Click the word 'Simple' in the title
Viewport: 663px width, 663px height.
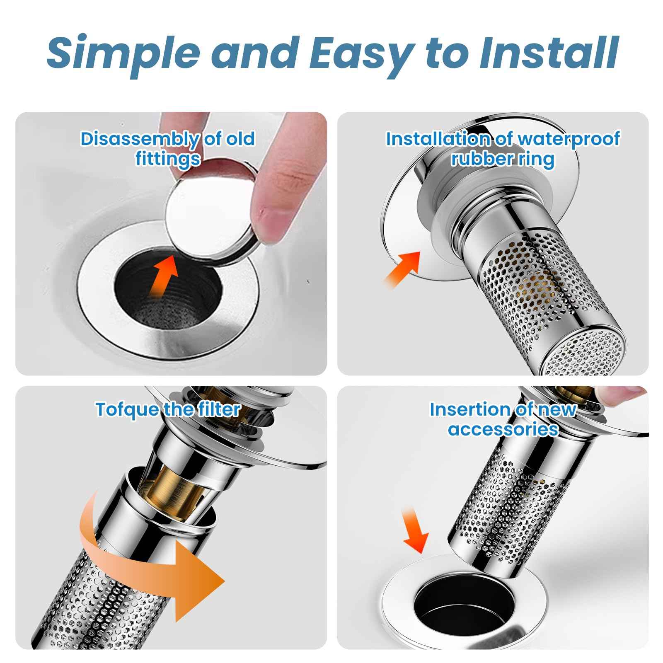(122, 53)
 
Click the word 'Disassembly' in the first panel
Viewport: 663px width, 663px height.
(139, 140)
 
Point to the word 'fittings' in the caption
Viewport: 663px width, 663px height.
(168, 159)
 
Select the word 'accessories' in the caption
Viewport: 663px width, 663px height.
(503, 429)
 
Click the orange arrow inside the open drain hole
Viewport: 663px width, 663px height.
(166, 276)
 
